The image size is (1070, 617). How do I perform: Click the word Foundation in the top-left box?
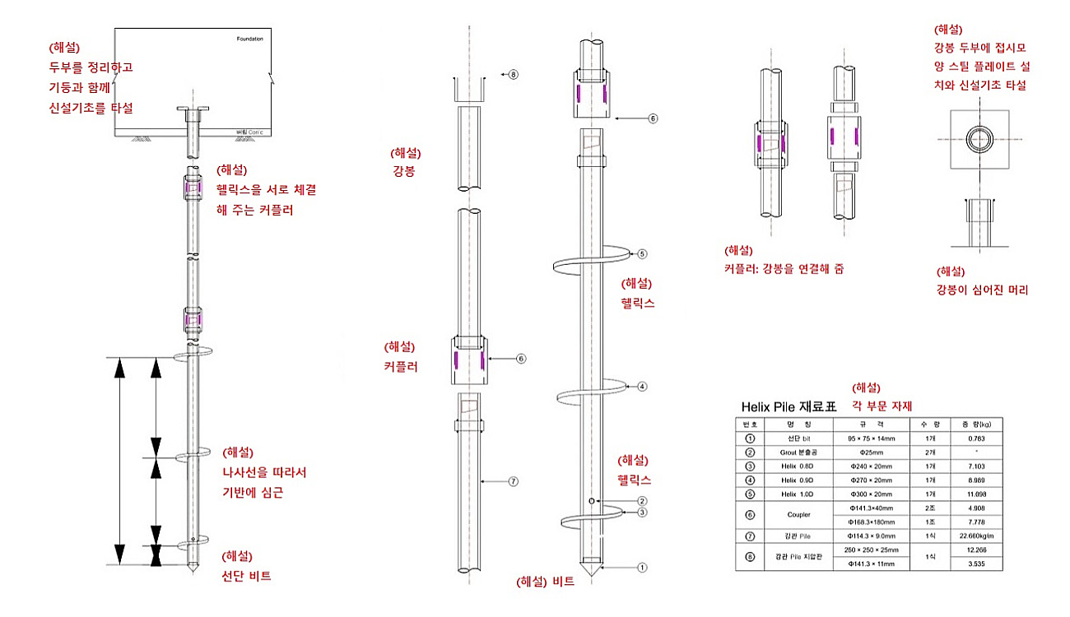pos(249,39)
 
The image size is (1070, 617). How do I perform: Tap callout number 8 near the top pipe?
pos(513,74)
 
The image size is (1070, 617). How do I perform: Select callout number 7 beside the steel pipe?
pos(513,482)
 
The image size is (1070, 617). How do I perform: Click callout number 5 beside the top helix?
pos(643,254)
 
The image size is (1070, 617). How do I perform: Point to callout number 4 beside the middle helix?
pos(642,385)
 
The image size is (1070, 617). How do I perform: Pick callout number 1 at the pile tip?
pos(643,566)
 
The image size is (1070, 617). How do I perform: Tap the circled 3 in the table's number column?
pos(750,466)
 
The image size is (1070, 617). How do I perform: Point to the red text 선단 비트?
pos(247,576)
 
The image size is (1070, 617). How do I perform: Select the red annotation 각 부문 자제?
pos(882,406)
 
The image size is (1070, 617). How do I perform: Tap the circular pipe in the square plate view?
pos(979,136)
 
